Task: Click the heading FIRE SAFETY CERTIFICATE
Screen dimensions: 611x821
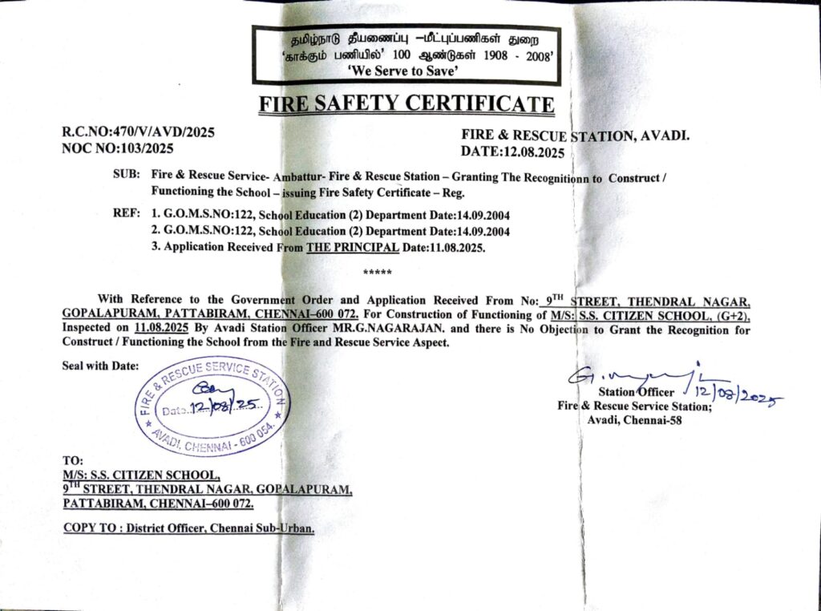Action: tap(406, 103)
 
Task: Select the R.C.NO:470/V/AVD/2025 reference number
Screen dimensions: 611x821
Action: tap(139, 132)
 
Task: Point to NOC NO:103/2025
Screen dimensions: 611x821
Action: tap(117, 148)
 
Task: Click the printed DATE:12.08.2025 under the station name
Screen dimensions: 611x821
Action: tap(512, 152)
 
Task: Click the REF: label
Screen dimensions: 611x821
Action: tap(127, 215)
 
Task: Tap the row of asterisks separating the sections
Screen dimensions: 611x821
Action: tap(377, 273)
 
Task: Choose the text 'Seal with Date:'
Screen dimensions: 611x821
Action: tap(100, 366)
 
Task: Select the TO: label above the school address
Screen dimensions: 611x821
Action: tap(72, 461)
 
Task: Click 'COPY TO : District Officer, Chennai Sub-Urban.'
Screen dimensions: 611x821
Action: tap(188, 528)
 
